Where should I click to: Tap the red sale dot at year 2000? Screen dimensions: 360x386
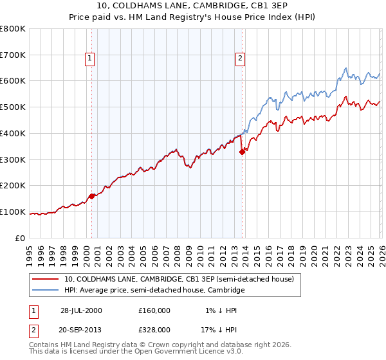click(x=92, y=196)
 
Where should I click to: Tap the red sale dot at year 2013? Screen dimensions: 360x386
click(x=243, y=152)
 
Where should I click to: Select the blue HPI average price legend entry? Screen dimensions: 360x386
click(x=154, y=291)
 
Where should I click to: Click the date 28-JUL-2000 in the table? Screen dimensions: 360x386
click(x=81, y=310)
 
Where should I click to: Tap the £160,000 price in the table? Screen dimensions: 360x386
click(x=154, y=310)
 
